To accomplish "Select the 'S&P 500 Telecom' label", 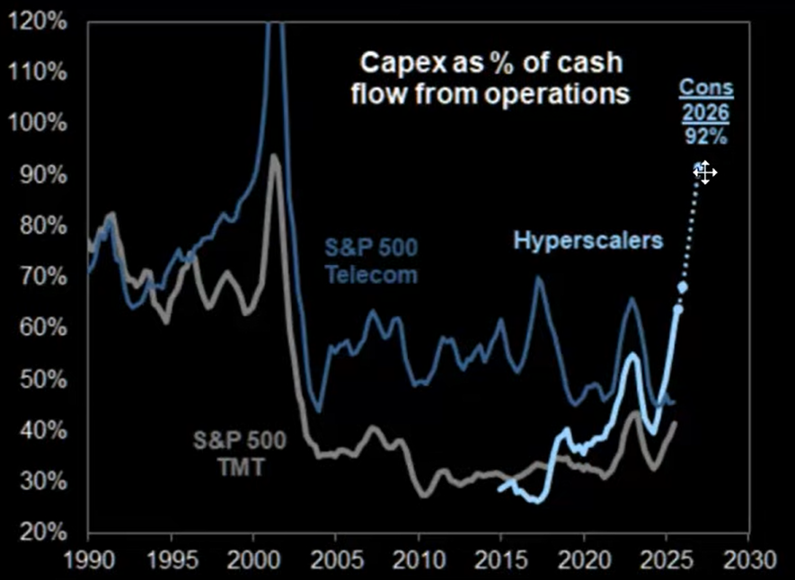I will pos(371,260).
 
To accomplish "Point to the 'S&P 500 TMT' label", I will pos(240,453).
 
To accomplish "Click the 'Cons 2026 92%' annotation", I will pos(705,113).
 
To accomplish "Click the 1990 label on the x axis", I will pos(88,558).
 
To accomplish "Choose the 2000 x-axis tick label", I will pos(253,558).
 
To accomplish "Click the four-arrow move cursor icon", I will pos(705,172).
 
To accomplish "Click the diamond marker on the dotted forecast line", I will pos(682,287).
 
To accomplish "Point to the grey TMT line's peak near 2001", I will pos(274,158).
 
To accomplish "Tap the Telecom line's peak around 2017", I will pos(538,279).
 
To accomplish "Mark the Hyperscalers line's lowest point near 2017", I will pos(536,500).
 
